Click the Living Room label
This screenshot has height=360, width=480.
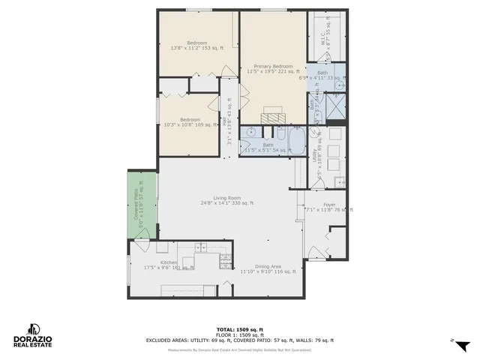226,199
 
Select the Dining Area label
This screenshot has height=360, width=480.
260,268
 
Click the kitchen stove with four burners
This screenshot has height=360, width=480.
224,259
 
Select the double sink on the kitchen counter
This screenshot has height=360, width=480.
200,247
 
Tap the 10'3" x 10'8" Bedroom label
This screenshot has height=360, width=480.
189,122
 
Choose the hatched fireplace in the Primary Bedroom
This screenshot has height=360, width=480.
272,116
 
